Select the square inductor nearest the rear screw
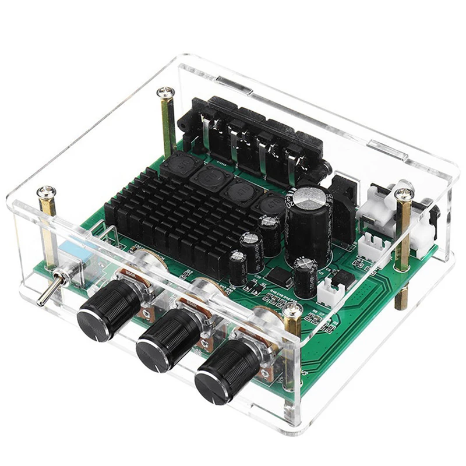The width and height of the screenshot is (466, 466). pos(177,164)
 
